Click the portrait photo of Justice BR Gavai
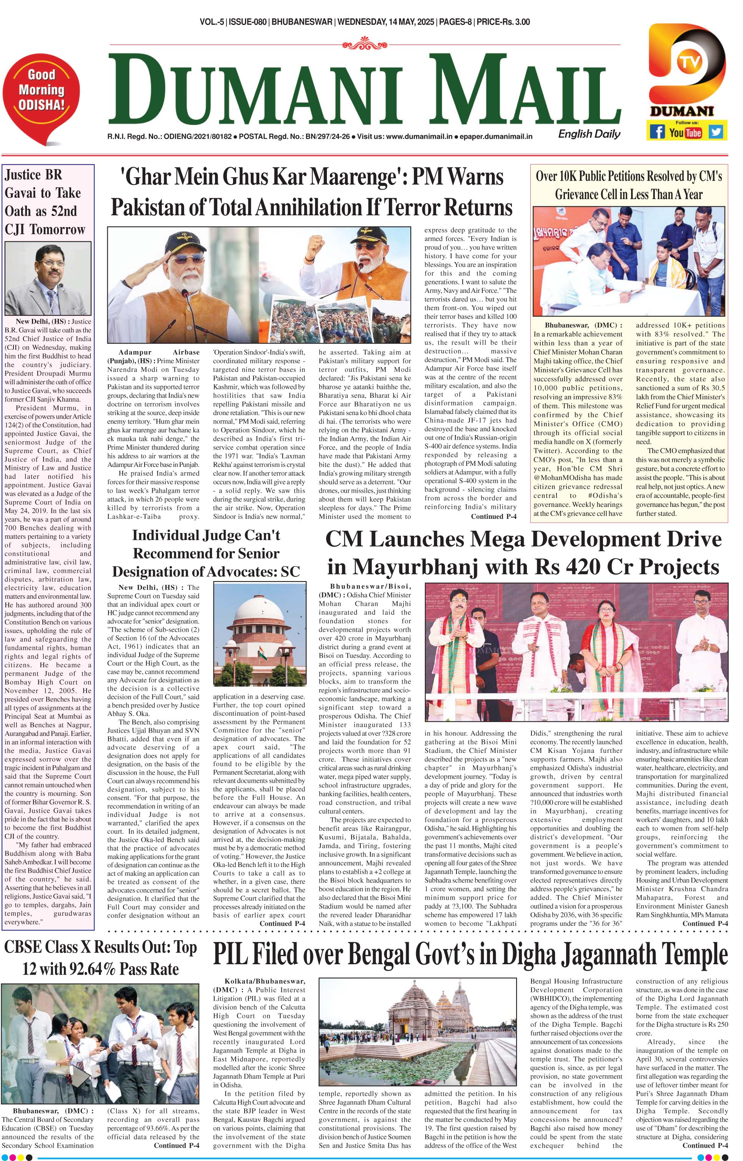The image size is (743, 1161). (x=48, y=279)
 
